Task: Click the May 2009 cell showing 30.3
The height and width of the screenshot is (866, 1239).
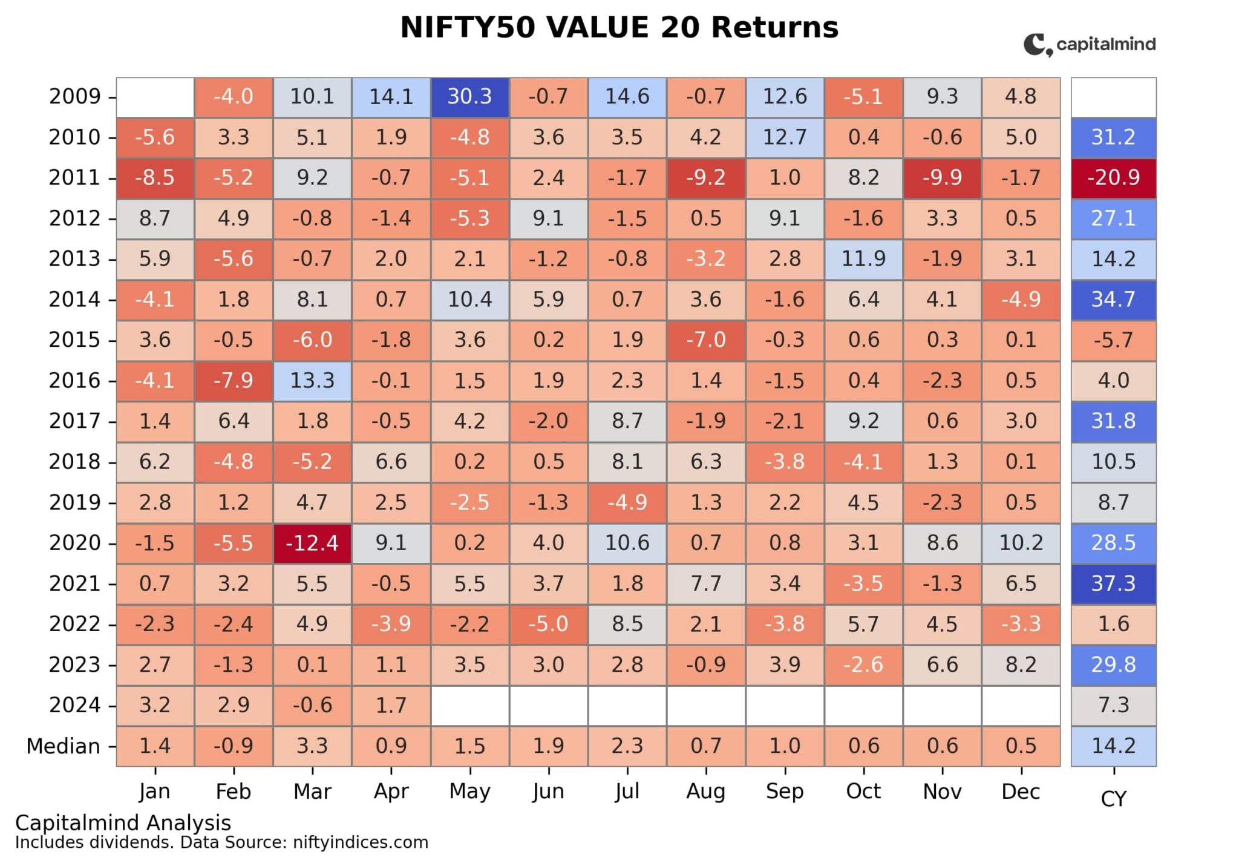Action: click(469, 97)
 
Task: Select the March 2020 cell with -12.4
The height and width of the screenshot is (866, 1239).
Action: click(312, 543)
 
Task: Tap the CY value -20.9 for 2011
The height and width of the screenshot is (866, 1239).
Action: click(1113, 178)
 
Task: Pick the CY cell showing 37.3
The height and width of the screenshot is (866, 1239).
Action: click(1113, 583)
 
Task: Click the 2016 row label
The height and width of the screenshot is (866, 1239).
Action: click(74, 381)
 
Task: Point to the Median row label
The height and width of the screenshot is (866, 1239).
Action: click(63, 746)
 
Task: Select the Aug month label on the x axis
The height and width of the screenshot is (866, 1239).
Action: click(705, 792)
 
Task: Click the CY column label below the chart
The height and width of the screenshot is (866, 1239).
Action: click(1113, 799)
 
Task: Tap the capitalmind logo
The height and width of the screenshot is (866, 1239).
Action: click(1089, 45)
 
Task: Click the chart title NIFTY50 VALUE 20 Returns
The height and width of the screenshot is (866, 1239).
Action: click(619, 28)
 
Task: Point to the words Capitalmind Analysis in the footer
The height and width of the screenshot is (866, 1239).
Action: click(123, 823)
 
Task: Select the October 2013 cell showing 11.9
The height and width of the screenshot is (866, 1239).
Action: click(863, 259)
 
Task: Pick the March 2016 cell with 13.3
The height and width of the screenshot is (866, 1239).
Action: click(312, 381)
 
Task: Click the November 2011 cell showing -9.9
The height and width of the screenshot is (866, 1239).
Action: click(942, 178)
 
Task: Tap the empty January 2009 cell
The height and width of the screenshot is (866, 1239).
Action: click(155, 97)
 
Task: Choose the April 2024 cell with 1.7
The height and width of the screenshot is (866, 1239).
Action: click(391, 705)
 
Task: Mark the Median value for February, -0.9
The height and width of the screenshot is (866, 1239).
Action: click(234, 746)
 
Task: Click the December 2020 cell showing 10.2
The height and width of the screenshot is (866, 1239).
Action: click(1021, 543)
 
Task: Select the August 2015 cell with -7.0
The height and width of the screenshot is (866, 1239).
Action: click(705, 340)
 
